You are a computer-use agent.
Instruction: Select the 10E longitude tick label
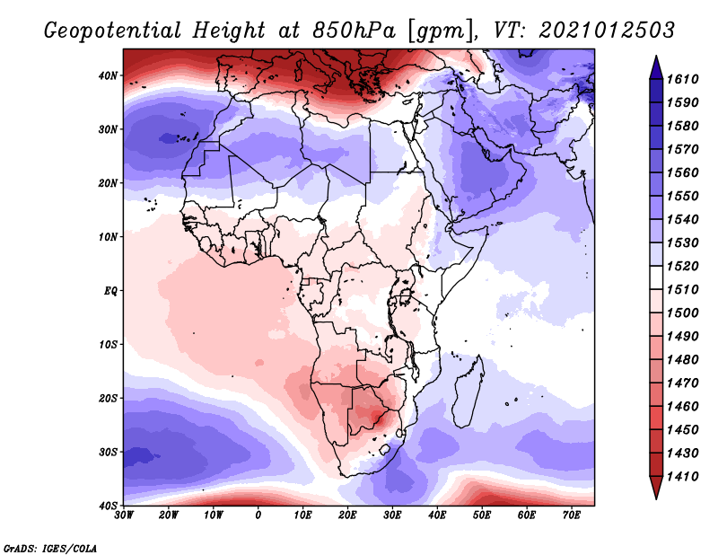303,515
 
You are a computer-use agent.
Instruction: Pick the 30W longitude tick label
124,515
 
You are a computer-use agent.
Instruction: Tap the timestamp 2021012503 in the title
607,30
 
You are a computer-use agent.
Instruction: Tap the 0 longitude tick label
258,515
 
